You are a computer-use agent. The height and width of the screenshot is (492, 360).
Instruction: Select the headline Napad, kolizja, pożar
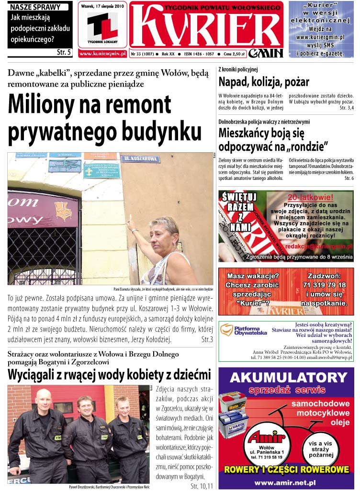(264, 81)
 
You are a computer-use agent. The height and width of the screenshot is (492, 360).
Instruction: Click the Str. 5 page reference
(64, 52)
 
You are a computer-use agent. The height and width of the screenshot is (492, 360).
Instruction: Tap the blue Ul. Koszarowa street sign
(133, 158)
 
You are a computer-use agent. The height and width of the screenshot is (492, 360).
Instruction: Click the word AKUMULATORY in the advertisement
(285, 378)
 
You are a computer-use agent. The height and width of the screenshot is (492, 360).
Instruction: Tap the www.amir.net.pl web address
(286, 483)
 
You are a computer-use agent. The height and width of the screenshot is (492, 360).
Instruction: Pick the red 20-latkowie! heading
(310, 197)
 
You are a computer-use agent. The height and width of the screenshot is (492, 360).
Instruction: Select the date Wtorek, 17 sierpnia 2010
(103, 7)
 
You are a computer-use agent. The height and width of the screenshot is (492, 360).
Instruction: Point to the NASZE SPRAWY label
(35, 7)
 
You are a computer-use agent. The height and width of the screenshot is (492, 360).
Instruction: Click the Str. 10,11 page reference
(202, 486)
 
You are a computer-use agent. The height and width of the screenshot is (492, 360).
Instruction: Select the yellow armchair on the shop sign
(63, 211)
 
